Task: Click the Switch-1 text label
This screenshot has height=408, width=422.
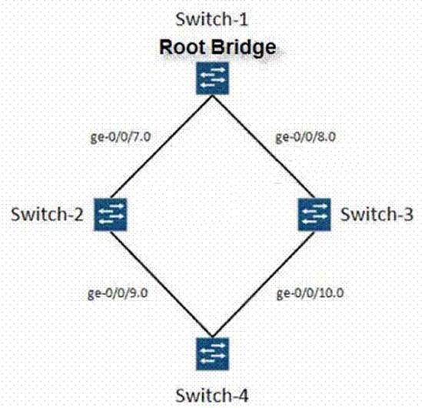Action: (x=211, y=20)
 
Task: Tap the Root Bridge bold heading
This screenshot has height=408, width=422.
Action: (x=218, y=47)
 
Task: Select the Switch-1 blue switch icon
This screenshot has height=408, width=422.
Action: (x=212, y=79)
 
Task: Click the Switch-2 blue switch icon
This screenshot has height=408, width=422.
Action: (x=110, y=215)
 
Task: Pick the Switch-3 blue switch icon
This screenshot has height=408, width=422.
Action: (x=314, y=215)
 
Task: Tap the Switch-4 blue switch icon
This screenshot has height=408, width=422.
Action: (x=212, y=353)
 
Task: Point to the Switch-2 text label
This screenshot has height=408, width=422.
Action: (x=47, y=215)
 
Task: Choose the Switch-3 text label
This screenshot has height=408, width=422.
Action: (x=377, y=215)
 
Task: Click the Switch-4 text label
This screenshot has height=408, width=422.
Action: (x=211, y=396)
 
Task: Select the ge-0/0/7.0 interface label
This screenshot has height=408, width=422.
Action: (x=121, y=137)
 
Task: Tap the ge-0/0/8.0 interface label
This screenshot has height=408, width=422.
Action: (x=306, y=137)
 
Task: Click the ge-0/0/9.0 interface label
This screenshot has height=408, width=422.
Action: (x=118, y=293)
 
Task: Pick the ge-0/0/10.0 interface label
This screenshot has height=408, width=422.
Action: (x=310, y=293)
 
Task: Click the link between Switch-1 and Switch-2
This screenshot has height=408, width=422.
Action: (x=161, y=147)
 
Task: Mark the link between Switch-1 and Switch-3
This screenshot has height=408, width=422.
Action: (x=263, y=147)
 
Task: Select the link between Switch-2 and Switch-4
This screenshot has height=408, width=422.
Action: (x=161, y=284)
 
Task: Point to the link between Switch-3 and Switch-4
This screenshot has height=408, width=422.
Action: (x=263, y=284)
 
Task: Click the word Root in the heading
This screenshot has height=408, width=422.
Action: (x=182, y=47)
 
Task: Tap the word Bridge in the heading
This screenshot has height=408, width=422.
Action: (x=244, y=48)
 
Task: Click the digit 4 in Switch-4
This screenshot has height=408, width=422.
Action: (x=242, y=396)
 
